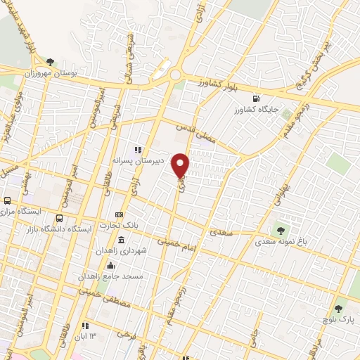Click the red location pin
[x=181, y=165]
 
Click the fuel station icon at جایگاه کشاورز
[x=255, y=98]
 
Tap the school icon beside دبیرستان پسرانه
[x=138, y=149]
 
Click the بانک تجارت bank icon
[x=120, y=215]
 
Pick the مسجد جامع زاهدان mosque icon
[x=110, y=265]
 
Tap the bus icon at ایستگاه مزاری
[x=8, y=200]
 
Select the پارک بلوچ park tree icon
[x=339, y=309]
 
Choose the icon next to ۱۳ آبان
[x=84, y=326]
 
